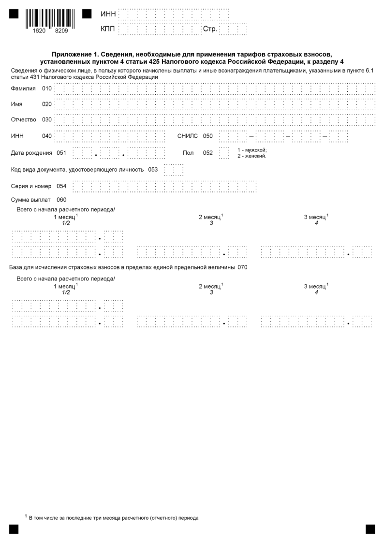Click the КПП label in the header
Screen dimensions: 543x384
(x=108, y=29)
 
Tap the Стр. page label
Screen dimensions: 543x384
(x=209, y=29)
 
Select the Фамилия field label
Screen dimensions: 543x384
(x=23, y=88)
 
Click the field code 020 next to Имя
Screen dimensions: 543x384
(x=46, y=104)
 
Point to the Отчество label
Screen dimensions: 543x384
(x=24, y=119)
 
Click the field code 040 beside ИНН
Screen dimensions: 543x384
(x=46, y=136)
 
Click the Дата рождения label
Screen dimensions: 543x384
(x=31, y=153)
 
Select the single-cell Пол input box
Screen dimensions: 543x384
(x=224, y=153)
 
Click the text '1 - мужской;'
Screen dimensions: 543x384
(x=252, y=150)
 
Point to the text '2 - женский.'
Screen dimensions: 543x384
(x=251, y=156)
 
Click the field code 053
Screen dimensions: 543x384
(x=153, y=169)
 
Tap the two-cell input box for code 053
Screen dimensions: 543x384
(x=174, y=170)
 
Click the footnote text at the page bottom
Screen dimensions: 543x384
(x=113, y=518)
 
